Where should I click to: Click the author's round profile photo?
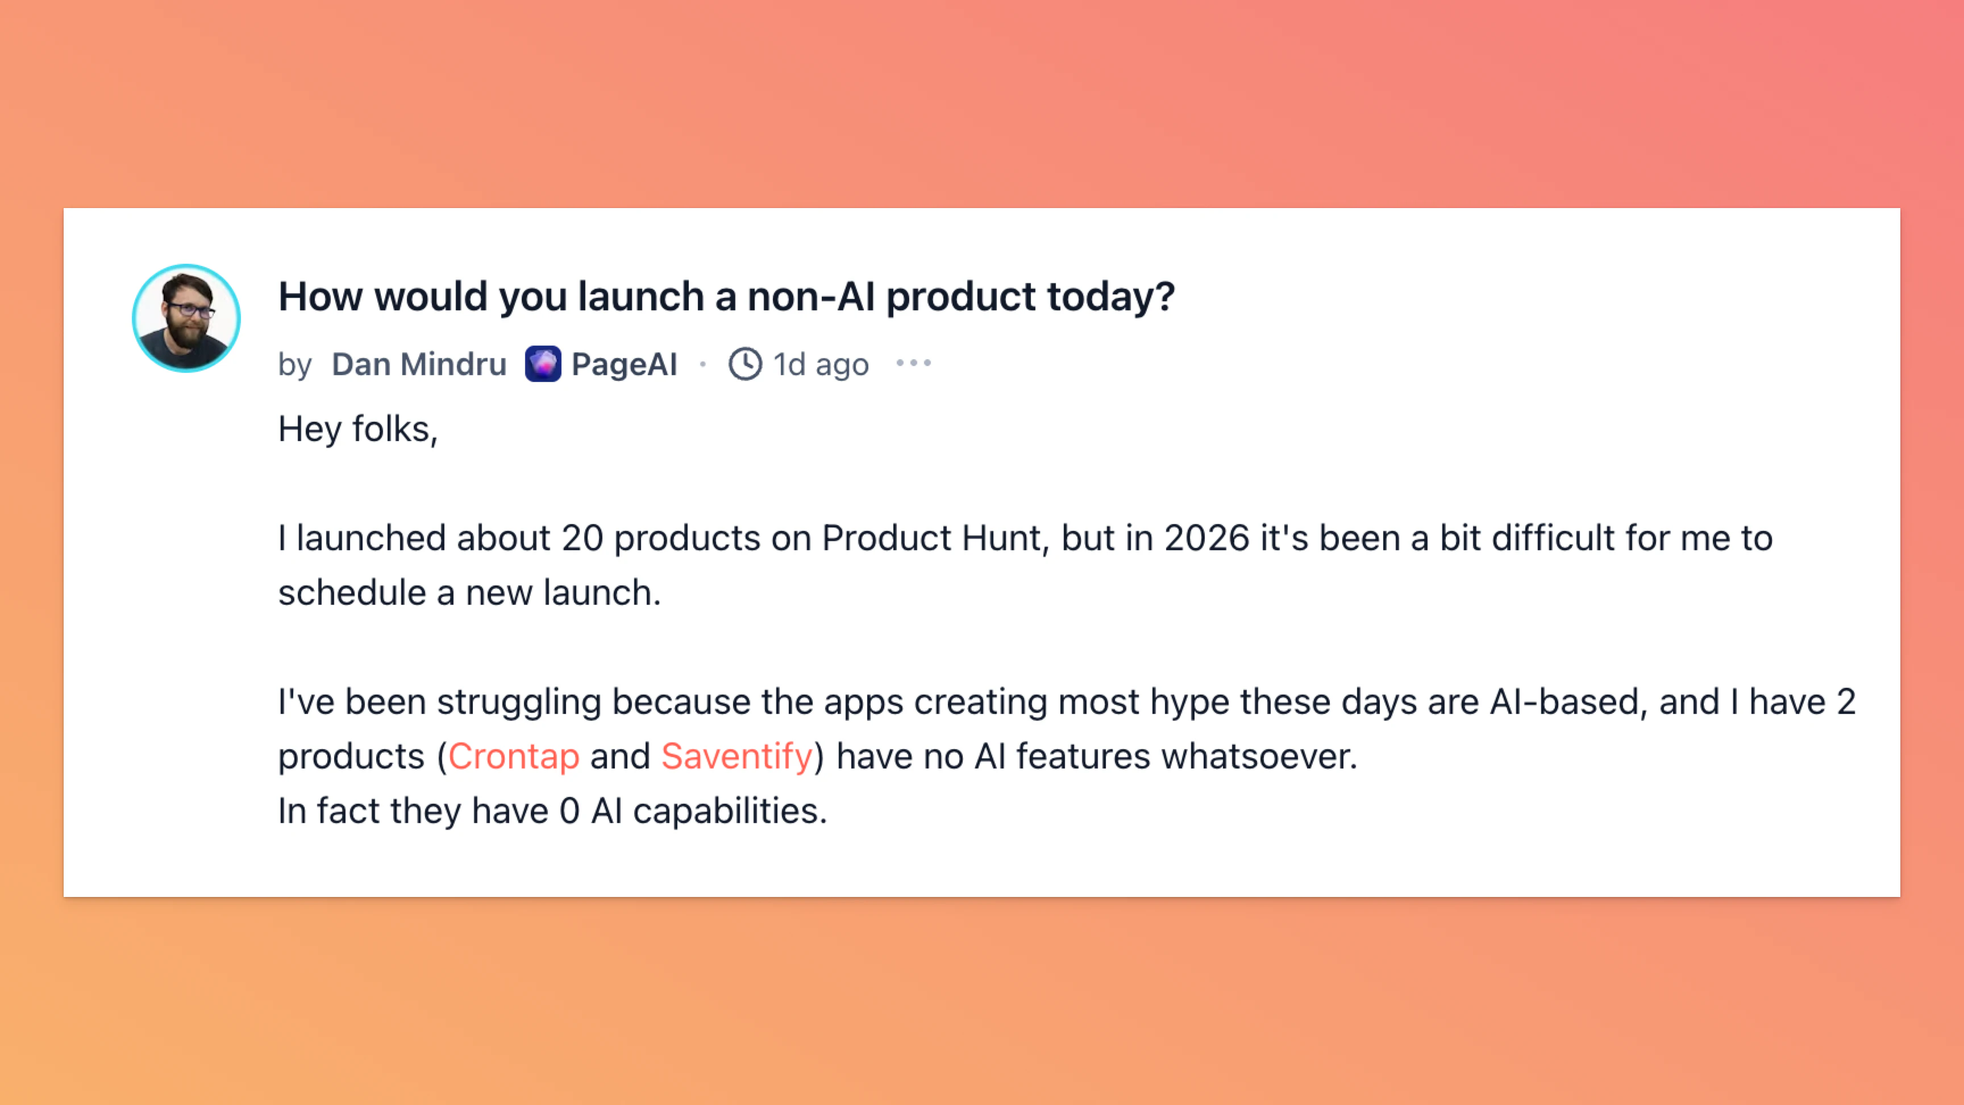(x=186, y=318)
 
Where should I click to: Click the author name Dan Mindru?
(x=419, y=364)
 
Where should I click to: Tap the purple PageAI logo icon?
(x=543, y=364)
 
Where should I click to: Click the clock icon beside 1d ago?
(x=745, y=364)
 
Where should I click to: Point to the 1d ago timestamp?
(x=821, y=364)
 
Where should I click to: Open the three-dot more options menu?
(x=913, y=363)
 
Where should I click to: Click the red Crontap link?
(x=513, y=757)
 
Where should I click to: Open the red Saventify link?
(x=737, y=757)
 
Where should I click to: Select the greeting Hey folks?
(x=357, y=429)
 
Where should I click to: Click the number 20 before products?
(x=582, y=538)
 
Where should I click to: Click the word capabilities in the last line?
(x=730, y=811)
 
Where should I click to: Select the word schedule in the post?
(x=351, y=592)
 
